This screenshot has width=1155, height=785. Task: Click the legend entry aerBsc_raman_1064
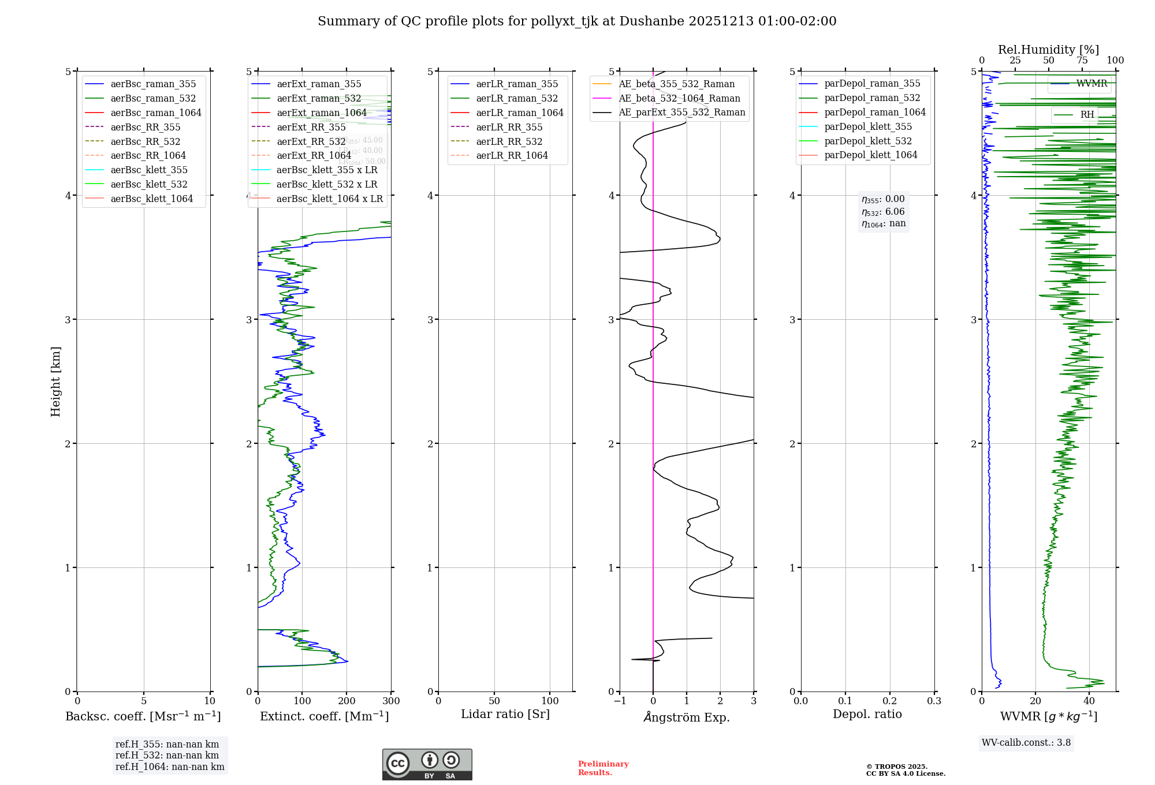pos(156,113)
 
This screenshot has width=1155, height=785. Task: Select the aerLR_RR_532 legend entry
pos(509,141)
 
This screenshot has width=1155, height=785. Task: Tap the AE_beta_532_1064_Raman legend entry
pos(679,98)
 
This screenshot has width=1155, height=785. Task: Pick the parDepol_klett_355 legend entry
pos(868,126)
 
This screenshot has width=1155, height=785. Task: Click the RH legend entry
pos(1087,115)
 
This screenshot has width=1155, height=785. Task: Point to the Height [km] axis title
pos(55,381)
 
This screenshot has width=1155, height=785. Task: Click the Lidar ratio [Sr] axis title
pos(505,714)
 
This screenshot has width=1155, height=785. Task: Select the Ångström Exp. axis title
pos(687,717)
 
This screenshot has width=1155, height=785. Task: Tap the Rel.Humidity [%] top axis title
pos(1048,50)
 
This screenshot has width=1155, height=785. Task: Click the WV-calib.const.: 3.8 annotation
pos(1026,743)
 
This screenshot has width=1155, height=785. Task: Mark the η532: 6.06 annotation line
pos(883,212)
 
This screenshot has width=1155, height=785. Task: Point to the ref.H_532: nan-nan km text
pos(167,755)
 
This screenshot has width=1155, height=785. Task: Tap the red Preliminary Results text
pos(603,768)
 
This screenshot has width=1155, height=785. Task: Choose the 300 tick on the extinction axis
pos(391,701)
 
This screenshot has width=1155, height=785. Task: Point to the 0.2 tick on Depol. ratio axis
pos(890,701)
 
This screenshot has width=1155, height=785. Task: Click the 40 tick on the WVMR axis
pos(1089,701)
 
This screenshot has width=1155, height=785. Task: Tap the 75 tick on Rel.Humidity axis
pos(1082,61)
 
